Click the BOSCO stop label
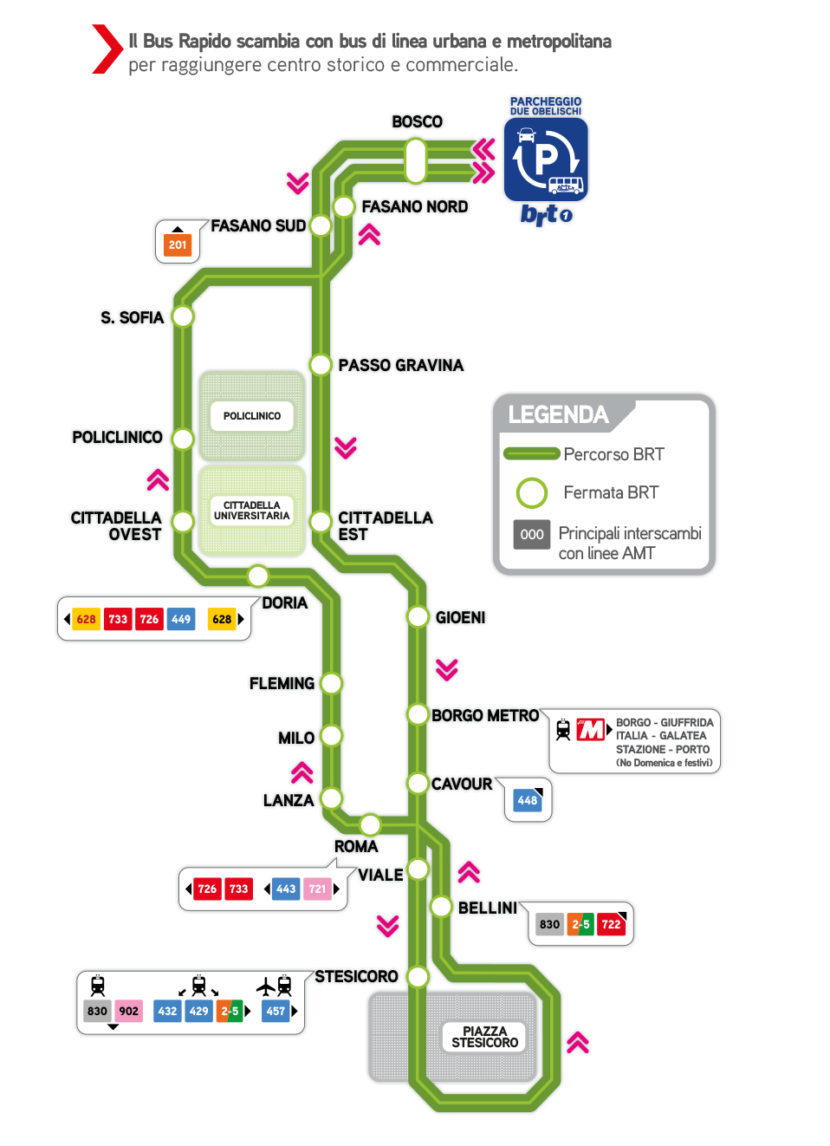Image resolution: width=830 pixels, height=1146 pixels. (x=417, y=122)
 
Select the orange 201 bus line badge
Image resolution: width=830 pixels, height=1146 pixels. (x=178, y=244)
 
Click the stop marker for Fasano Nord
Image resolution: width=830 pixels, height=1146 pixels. (x=344, y=206)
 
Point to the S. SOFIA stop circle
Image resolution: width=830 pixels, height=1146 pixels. (x=182, y=316)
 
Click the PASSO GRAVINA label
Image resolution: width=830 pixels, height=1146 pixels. (x=401, y=365)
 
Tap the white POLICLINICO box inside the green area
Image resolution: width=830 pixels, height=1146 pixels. (x=252, y=416)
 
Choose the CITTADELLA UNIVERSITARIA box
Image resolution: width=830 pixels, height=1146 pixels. (x=252, y=511)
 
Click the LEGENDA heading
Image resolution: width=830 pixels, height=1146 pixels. (x=558, y=415)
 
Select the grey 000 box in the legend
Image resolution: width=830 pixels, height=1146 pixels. (x=532, y=534)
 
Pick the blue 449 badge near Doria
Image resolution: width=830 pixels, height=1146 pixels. (x=181, y=619)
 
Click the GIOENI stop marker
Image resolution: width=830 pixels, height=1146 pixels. (x=418, y=617)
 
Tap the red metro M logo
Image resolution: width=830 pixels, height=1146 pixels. (x=591, y=730)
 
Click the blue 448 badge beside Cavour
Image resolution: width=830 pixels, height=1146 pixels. (x=527, y=800)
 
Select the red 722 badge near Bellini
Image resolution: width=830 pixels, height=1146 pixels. (x=611, y=924)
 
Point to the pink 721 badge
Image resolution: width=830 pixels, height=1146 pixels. (x=318, y=889)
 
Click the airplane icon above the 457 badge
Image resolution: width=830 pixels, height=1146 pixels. (x=266, y=986)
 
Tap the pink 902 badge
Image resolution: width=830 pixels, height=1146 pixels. (x=129, y=1011)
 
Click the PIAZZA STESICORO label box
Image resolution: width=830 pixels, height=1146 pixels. (x=484, y=1037)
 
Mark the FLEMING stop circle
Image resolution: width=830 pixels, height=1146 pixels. (x=331, y=683)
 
